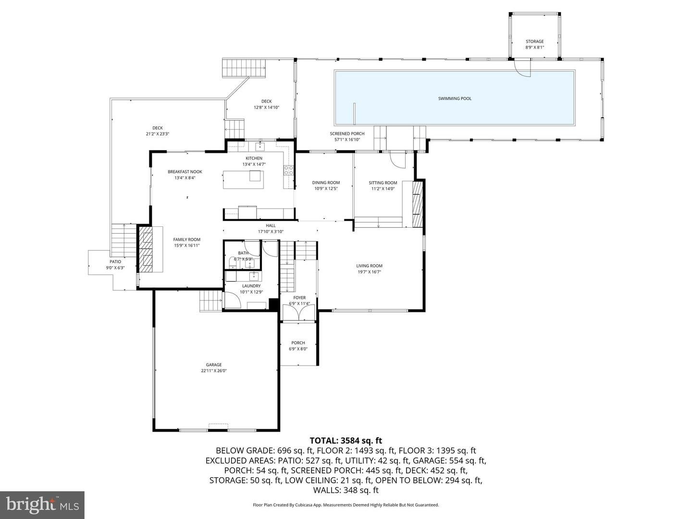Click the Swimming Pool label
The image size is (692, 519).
point(455,99)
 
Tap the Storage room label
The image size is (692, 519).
point(534,42)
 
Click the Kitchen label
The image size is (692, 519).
point(254,158)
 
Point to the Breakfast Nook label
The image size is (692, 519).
point(185,172)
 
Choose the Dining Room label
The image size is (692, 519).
point(326,183)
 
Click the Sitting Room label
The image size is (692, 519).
point(383,183)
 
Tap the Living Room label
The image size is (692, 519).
point(369,266)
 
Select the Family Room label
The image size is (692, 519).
point(186,239)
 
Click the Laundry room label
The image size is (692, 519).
point(251,286)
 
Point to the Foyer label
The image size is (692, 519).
point(299,298)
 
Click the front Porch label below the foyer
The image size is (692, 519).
point(298,343)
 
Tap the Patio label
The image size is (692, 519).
point(115,262)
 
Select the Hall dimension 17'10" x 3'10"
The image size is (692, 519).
point(271,231)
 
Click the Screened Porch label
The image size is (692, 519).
point(347,134)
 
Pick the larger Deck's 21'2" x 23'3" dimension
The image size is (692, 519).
point(157,134)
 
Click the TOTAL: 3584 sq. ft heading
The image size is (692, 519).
point(346,440)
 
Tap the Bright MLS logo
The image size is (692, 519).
point(42,505)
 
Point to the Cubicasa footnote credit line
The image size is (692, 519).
point(346,505)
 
